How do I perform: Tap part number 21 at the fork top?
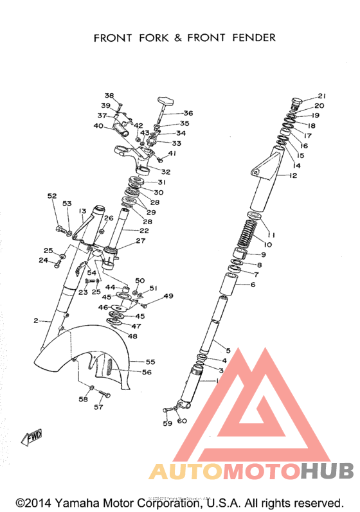[x=321, y=96]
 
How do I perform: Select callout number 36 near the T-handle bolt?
[x=188, y=113]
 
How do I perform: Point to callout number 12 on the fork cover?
[x=293, y=175]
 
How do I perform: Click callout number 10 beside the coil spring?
[x=268, y=245]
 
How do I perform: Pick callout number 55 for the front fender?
[x=150, y=362]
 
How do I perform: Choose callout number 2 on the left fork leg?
[x=36, y=320]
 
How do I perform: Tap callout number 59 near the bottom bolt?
[x=167, y=424]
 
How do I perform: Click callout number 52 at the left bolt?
[x=52, y=196]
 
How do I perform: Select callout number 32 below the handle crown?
[x=165, y=172]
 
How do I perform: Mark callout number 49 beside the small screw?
[x=168, y=296]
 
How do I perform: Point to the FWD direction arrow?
[x=33, y=438]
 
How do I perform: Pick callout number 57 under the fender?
[x=99, y=407]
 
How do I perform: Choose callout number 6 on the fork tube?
[x=253, y=285]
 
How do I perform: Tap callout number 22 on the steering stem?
[x=144, y=231]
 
